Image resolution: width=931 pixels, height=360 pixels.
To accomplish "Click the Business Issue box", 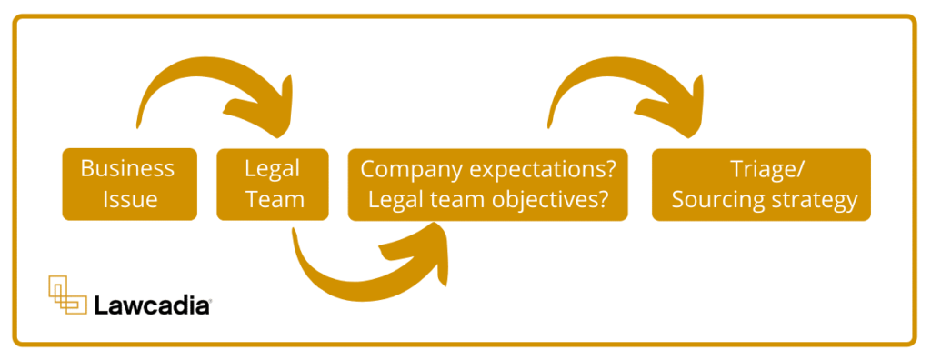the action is click(x=128, y=184).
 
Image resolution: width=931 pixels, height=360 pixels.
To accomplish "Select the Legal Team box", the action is click(x=273, y=184).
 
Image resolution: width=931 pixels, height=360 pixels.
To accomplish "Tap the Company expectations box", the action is click(x=487, y=184).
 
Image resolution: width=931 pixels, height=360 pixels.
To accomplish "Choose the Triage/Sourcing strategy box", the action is click(x=761, y=184).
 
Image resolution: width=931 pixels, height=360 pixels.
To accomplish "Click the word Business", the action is click(x=128, y=169).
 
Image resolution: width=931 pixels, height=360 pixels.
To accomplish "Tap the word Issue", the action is click(x=128, y=199).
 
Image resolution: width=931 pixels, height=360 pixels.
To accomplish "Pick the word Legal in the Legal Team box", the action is click(x=273, y=169).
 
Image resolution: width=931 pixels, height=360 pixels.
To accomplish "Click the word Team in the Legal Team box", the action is click(x=273, y=199).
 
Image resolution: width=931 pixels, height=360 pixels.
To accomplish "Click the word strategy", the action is click(x=814, y=200).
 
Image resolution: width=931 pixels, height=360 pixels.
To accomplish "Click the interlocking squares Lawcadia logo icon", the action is click(x=67, y=294).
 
